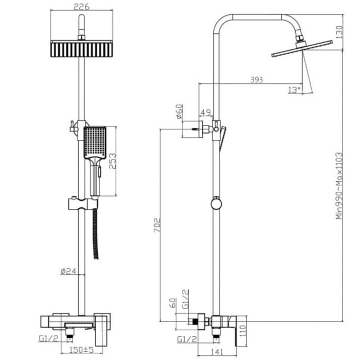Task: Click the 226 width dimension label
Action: click(x=81, y=7)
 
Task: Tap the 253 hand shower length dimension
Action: click(x=112, y=161)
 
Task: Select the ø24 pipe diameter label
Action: click(x=68, y=271)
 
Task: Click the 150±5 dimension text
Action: click(x=81, y=350)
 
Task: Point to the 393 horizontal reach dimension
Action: click(x=257, y=80)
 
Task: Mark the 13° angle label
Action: click(x=294, y=90)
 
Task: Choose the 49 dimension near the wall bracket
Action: click(x=206, y=112)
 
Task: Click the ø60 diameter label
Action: click(x=179, y=111)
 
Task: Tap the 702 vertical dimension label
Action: click(x=157, y=225)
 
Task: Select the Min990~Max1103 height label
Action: click(x=339, y=186)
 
